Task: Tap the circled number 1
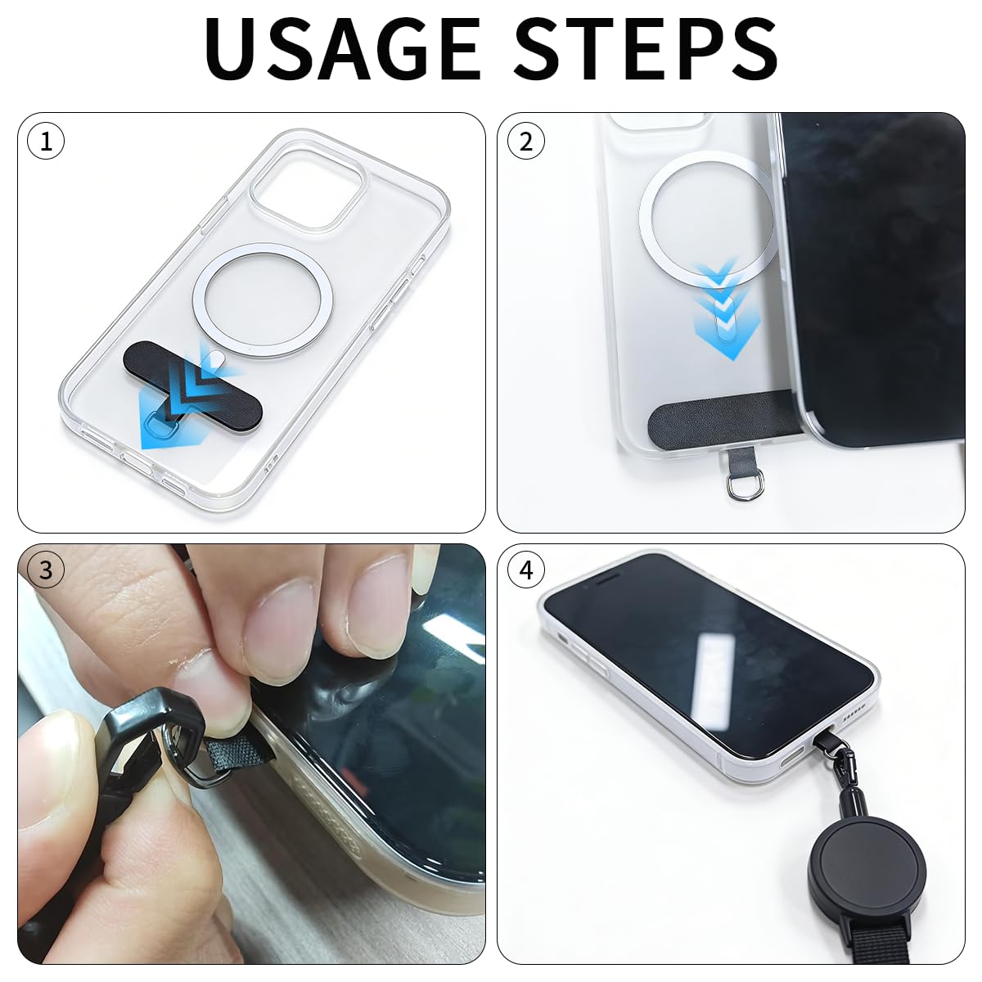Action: tap(46, 142)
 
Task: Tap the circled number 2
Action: tap(526, 142)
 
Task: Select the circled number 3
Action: tap(46, 570)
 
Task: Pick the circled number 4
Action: tap(526, 570)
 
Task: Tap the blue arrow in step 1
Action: tap(183, 403)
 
